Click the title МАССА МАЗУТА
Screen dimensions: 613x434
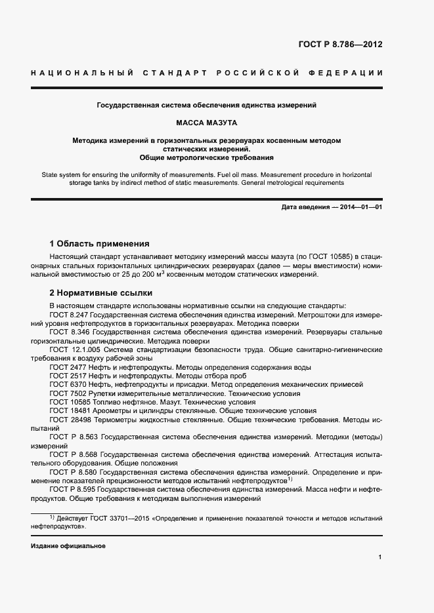[x=207, y=123]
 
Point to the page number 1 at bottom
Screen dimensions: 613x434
[x=380, y=557]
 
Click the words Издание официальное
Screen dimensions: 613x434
[x=68, y=545]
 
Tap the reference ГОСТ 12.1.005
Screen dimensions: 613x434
[x=73, y=351]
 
